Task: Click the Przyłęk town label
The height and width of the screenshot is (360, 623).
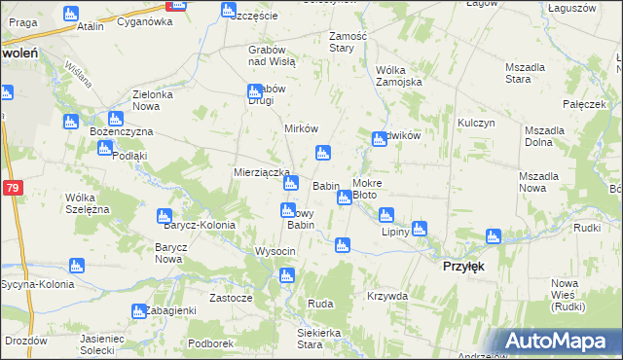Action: (x=463, y=266)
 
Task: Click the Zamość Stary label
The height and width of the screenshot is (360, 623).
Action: (x=348, y=41)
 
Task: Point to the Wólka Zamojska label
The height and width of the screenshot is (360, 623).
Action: (x=398, y=76)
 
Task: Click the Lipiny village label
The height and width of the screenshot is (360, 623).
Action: (x=395, y=233)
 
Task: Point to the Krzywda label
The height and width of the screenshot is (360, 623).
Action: (x=387, y=295)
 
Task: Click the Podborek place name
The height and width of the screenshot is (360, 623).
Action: (x=211, y=342)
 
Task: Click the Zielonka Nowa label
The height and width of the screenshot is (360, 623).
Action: (x=153, y=99)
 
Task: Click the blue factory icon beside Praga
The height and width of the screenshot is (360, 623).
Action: (x=70, y=14)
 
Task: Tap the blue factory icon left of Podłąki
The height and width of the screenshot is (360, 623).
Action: (x=105, y=148)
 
